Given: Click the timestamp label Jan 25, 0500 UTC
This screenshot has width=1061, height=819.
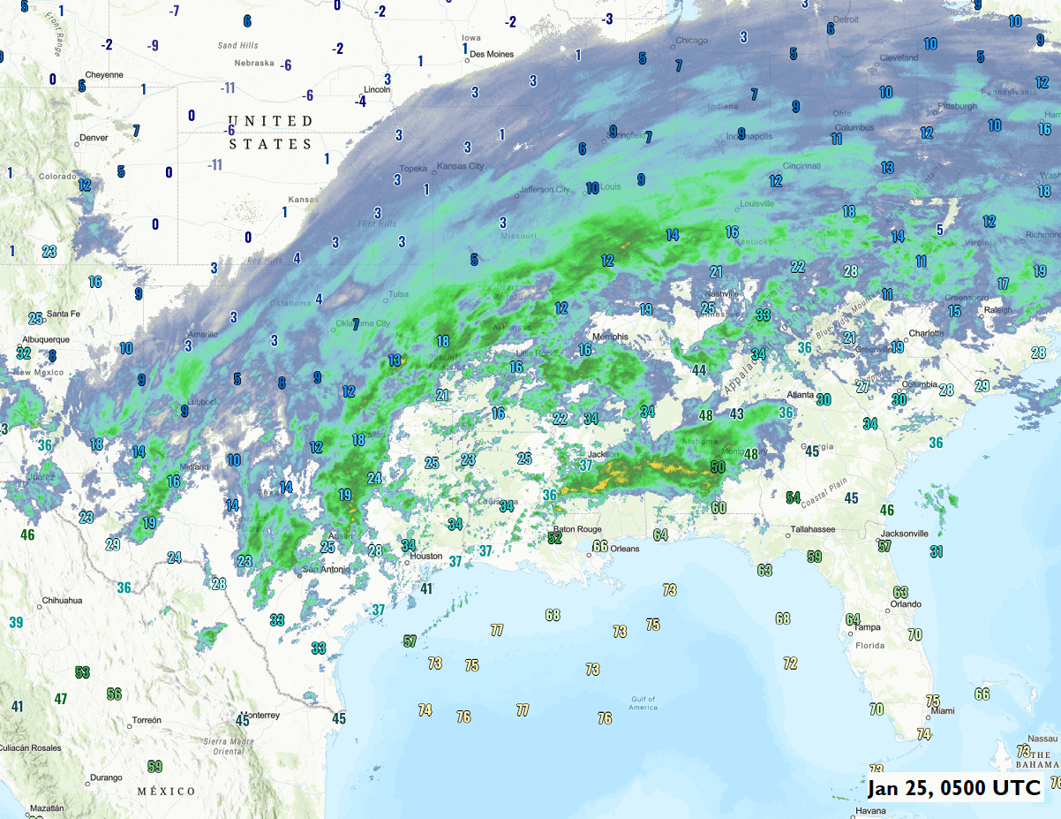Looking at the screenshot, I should tap(953, 787).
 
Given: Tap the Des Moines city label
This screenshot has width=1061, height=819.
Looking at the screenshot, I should tap(492, 54).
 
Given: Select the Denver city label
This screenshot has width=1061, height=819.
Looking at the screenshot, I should tap(94, 138).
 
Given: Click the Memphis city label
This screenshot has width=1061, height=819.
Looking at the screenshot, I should tap(610, 337).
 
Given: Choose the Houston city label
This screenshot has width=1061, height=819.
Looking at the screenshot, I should tap(425, 557).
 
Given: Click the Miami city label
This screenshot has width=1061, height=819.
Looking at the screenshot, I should tap(943, 710).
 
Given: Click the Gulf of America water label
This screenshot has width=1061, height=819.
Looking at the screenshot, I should tap(643, 702).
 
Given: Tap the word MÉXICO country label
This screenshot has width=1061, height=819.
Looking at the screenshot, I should tap(166, 791).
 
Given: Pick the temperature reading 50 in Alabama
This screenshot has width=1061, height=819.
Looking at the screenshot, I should tap(718, 466).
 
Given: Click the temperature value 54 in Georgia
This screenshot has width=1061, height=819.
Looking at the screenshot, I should tap(794, 497).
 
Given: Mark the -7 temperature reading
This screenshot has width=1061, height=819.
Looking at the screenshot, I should tap(174, 11).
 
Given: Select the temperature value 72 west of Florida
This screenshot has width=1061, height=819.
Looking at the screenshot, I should tap(790, 663).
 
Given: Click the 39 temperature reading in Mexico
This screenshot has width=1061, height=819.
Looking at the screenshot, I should tap(16, 622).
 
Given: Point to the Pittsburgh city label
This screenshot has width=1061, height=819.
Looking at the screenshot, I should tap(957, 106).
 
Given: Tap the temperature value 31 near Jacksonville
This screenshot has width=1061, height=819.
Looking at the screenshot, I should tap(937, 551).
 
